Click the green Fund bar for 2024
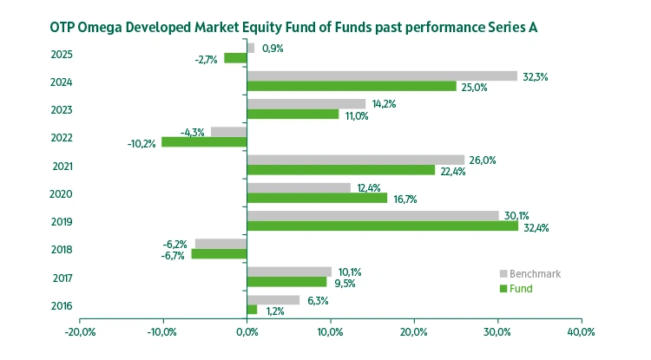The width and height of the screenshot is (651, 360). pyautogui.click(x=352, y=86)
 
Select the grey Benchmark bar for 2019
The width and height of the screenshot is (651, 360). pyautogui.click(x=373, y=216)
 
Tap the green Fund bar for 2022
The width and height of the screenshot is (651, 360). pyautogui.click(x=204, y=141)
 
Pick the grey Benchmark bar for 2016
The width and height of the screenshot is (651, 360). pyautogui.click(x=273, y=300)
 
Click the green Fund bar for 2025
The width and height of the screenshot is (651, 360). pyautogui.click(x=235, y=58)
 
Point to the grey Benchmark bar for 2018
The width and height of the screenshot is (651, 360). pyautogui.click(x=221, y=244)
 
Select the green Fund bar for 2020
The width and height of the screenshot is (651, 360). pyautogui.click(x=317, y=198)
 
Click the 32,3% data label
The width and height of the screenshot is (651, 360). pyautogui.click(x=535, y=76)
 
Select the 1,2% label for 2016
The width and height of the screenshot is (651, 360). pyautogui.click(x=274, y=311)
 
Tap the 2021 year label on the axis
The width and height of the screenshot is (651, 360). pyautogui.click(x=62, y=167)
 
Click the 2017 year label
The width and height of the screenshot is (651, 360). pyautogui.click(x=62, y=278)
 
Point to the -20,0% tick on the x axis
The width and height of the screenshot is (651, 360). pyautogui.click(x=80, y=332)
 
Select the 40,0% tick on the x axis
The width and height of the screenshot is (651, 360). pyautogui.click(x=581, y=332)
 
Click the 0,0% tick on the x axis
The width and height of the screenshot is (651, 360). pyautogui.click(x=247, y=332)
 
